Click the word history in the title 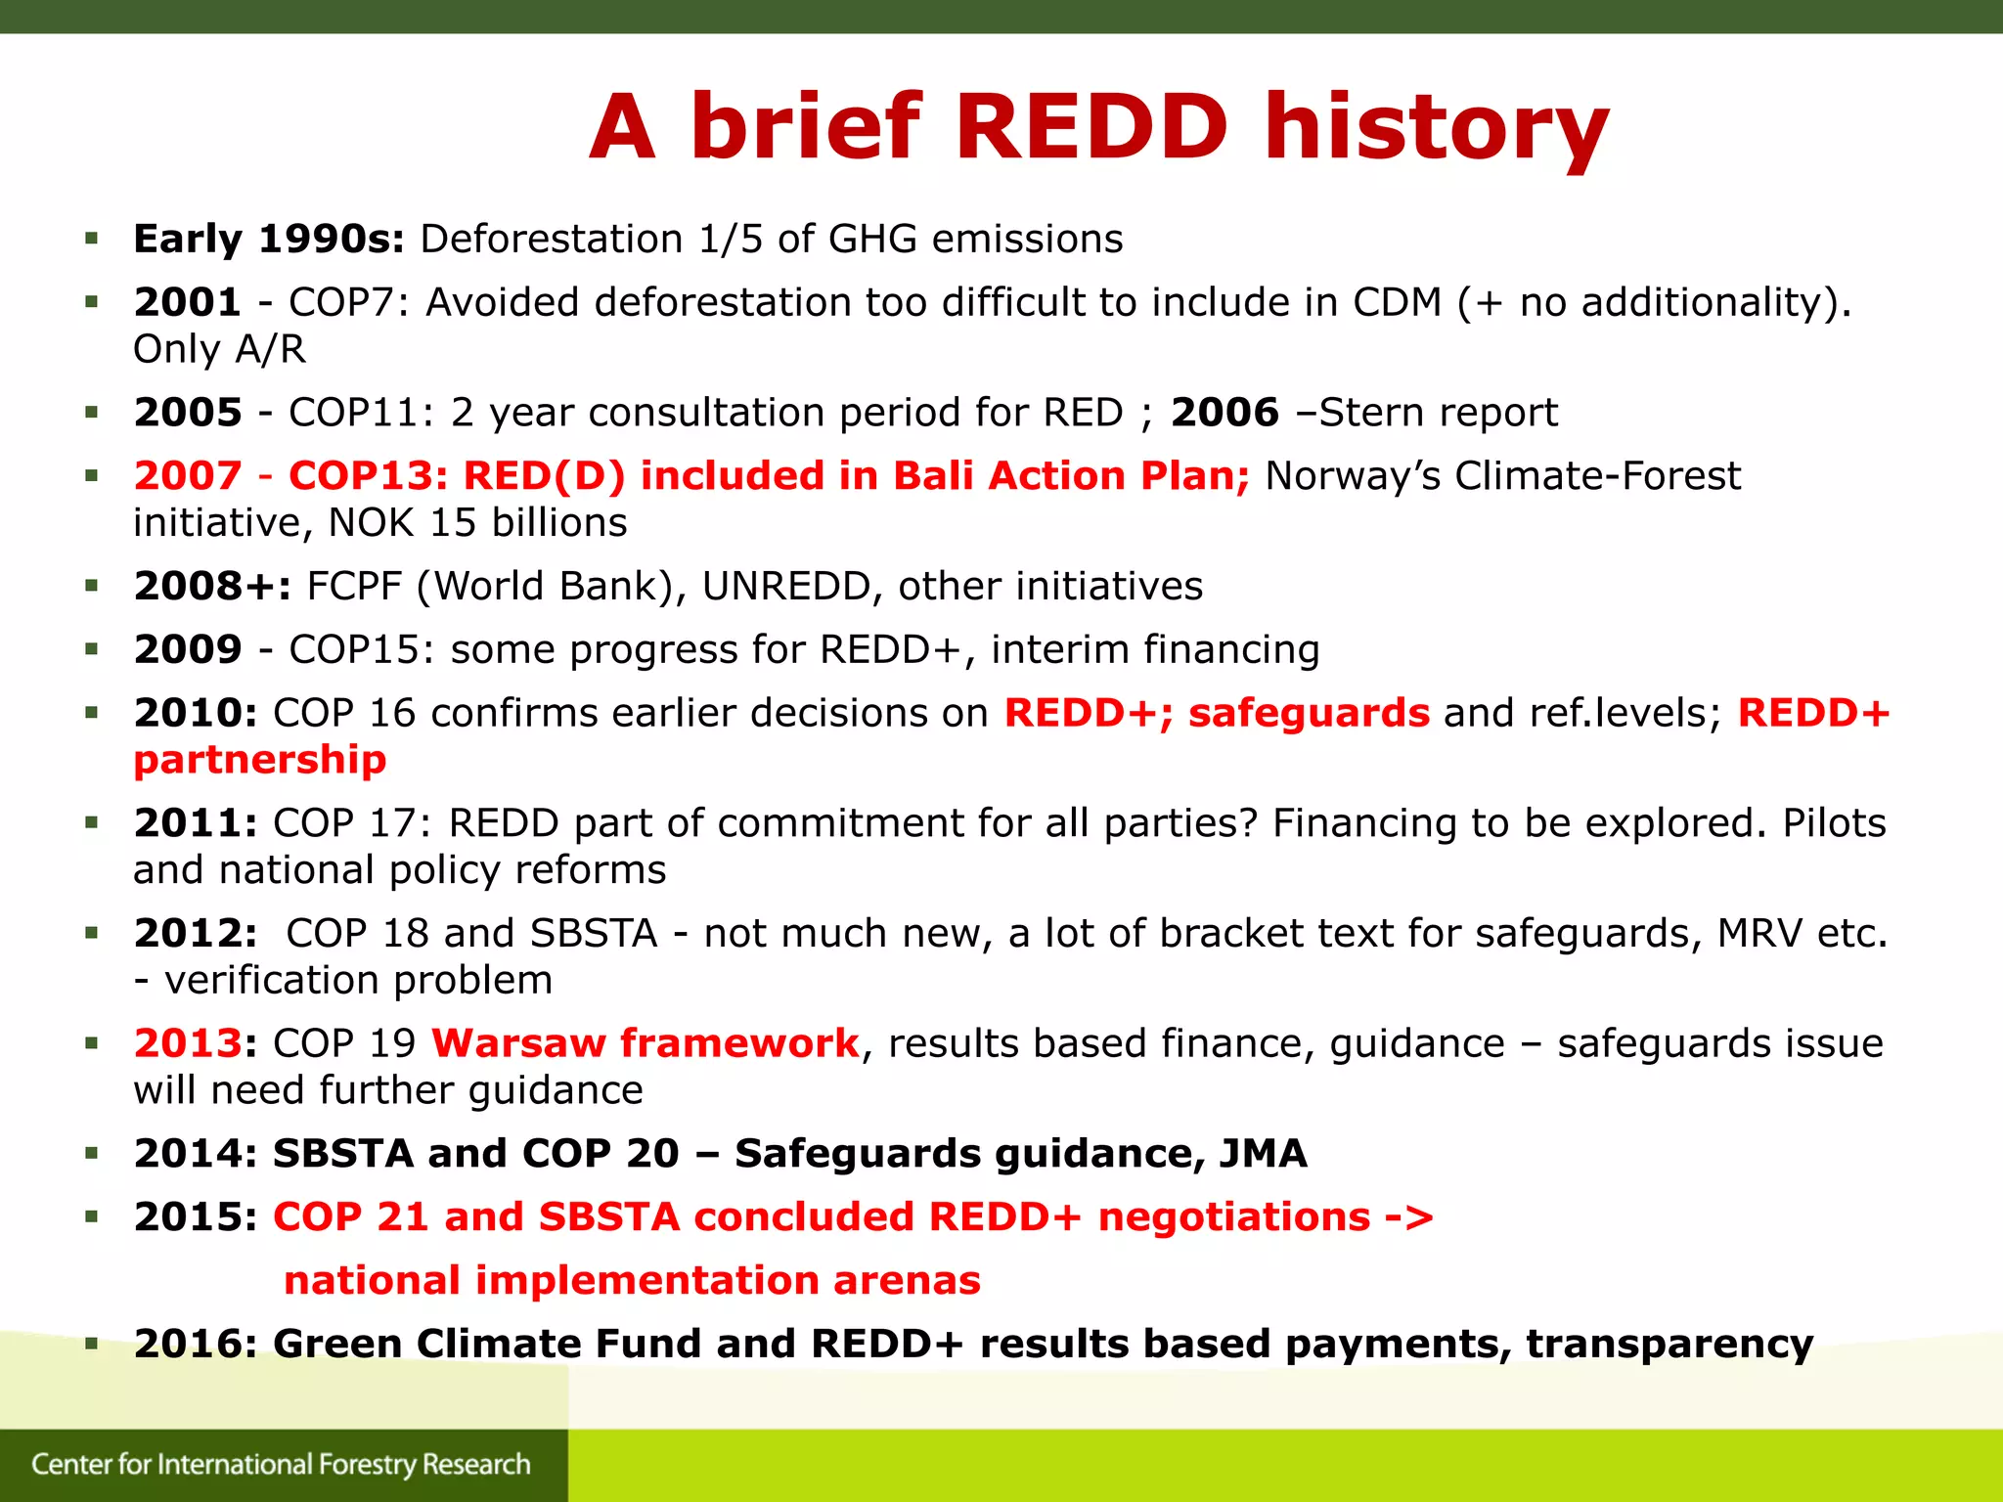click(x=1436, y=129)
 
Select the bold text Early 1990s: click(x=269, y=240)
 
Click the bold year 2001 click(x=188, y=302)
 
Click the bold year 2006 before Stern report click(x=1224, y=413)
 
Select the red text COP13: click(x=369, y=476)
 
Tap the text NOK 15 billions click(x=477, y=523)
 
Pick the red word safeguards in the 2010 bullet click(x=1309, y=713)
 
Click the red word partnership click(x=260, y=760)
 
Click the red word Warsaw click(x=518, y=1043)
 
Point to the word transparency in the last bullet click(x=1669, y=1345)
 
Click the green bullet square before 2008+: click(x=92, y=587)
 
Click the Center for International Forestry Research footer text click(x=281, y=1464)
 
